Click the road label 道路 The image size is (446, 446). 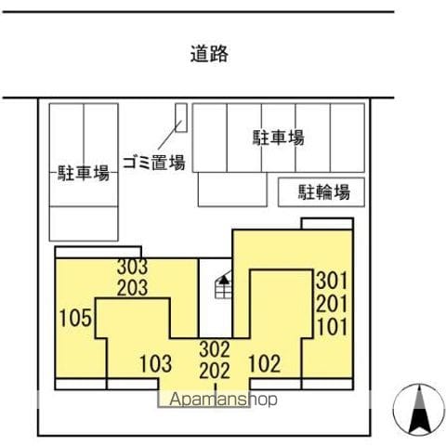click(x=209, y=54)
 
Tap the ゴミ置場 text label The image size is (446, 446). click(x=154, y=163)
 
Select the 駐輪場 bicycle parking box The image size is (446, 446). click(x=321, y=192)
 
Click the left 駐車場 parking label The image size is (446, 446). click(x=84, y=173)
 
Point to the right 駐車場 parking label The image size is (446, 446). click(x=279, y=138)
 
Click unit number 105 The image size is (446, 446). click(x=75, y=318)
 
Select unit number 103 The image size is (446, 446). click(x=155, y=363)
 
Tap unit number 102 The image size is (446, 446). click(x=265, y=363)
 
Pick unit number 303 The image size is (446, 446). click(x=132, y=267)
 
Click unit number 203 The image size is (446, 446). click(x=132, y=288)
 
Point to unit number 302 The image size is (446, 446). click(x=215, y=349)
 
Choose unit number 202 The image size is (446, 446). click(x=215, y=371)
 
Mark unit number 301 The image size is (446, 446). click(x=332, y=281)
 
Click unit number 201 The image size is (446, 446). click(x=332, y=304)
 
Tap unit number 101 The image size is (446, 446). click(x=332, y=327)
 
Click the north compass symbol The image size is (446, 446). click(x=419, y=410)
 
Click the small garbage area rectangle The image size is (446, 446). click(x=181, y=118)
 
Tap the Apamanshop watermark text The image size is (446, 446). click(x=223, y=400)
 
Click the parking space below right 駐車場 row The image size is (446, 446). click(x=232, y=190)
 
